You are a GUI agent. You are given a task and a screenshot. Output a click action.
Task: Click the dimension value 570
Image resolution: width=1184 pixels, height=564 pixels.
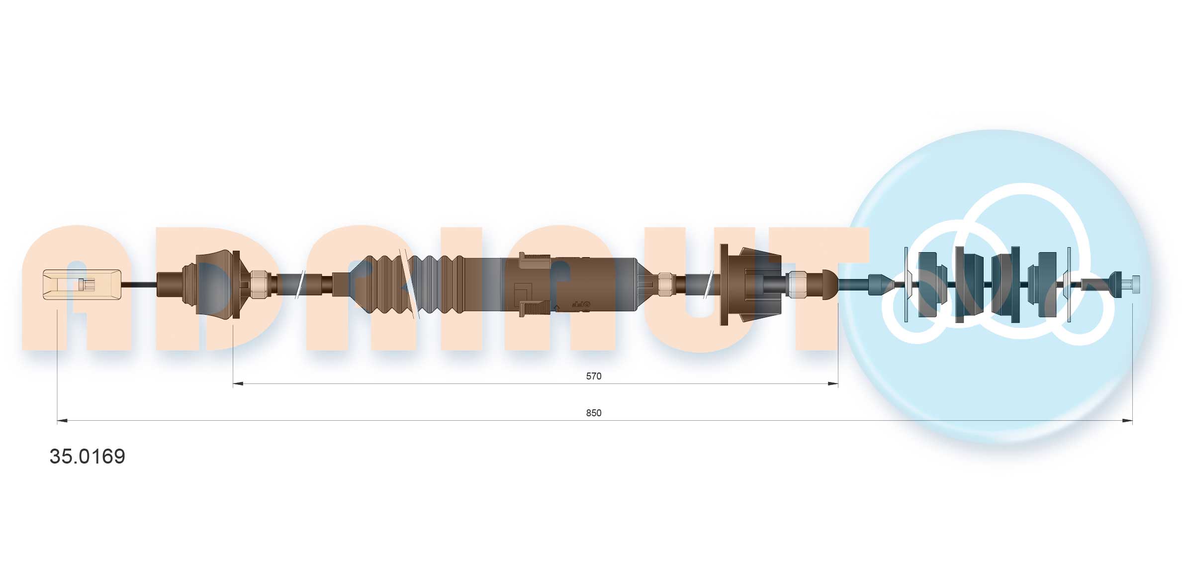point(593,376)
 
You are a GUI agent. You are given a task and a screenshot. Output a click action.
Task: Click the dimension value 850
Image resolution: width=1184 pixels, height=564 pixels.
point(593,413)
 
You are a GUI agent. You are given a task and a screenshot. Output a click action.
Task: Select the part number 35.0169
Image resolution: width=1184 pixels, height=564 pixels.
point(88,457)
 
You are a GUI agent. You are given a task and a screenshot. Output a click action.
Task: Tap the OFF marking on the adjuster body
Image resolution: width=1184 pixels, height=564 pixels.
point(580,304)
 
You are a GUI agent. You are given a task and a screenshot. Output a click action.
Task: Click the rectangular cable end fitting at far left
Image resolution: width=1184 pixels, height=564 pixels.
point(82,284)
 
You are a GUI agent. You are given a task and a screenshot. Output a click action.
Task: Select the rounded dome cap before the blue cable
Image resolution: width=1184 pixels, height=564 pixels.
point(829,284)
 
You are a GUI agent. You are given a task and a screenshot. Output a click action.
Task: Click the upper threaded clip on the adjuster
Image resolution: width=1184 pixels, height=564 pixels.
point(534,261)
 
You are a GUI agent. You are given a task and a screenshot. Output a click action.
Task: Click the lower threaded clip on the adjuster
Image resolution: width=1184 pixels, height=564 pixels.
point(534,308)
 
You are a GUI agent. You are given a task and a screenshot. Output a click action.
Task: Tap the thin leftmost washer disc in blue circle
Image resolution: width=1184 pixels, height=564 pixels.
point(906,284)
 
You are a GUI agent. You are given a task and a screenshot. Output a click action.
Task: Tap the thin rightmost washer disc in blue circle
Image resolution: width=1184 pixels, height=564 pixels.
point(1069,284)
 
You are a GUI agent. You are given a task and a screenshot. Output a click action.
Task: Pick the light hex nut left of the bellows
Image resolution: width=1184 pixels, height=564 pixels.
point(258,284)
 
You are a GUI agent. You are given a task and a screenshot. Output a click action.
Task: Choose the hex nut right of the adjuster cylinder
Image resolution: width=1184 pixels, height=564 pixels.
point(665,284)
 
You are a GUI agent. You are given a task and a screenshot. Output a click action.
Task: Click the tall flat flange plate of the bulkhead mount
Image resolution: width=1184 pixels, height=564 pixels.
point(724,284)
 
